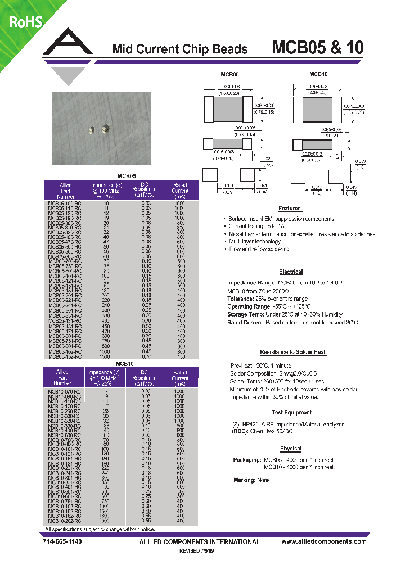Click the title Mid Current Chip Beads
click(x=179, y=49)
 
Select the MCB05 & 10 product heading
click(x=317, y=47)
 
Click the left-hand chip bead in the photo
click(x=92, y=130)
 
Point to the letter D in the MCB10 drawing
click(x=337, y=157)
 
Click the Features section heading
click(x=290, y=208)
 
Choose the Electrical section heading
click(x=291, y=272)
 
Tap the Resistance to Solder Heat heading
click(x=292, y=353)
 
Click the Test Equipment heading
click(x=292, y=413)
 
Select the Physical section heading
click(x=291, y=448)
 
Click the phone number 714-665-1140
click(x=62, y=542)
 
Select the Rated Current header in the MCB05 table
click(x=180, y=191)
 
